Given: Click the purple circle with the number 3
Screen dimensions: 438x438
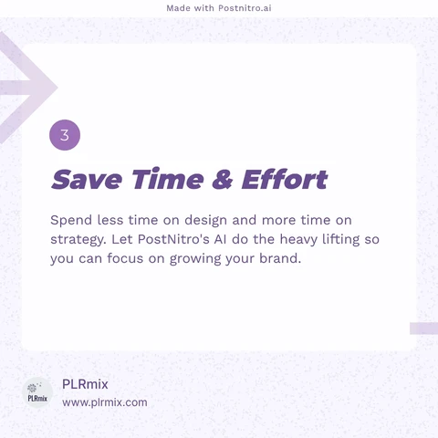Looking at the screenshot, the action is (x=65, y=135).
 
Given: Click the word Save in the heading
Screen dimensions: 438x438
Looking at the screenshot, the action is (x=87, y=179).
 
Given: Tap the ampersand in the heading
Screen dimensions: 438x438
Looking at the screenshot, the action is (x=223, y=179).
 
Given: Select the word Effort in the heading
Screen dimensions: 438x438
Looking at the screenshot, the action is (x=285, y=179).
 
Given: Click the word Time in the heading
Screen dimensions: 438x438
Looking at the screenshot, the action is (x=167, y=179).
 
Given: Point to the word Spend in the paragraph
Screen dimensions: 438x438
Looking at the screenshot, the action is (x=71, y=221).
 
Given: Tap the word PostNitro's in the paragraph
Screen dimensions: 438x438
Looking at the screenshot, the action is (x=173, y=239).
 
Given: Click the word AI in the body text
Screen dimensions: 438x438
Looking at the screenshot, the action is (x=220, y=239).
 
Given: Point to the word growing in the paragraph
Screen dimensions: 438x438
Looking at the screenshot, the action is (x=195, y=259).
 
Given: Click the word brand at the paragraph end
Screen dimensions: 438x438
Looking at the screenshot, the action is (x=280, y=258).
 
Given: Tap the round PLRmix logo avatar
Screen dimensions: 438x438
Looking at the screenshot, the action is (x=37, y=392).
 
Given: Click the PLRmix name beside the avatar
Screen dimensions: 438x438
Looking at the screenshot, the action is (x=85, y=384).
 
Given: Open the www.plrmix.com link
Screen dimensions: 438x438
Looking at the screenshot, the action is (x=105, y=402).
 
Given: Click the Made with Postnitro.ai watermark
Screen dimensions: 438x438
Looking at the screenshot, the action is (x=219, y=8).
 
